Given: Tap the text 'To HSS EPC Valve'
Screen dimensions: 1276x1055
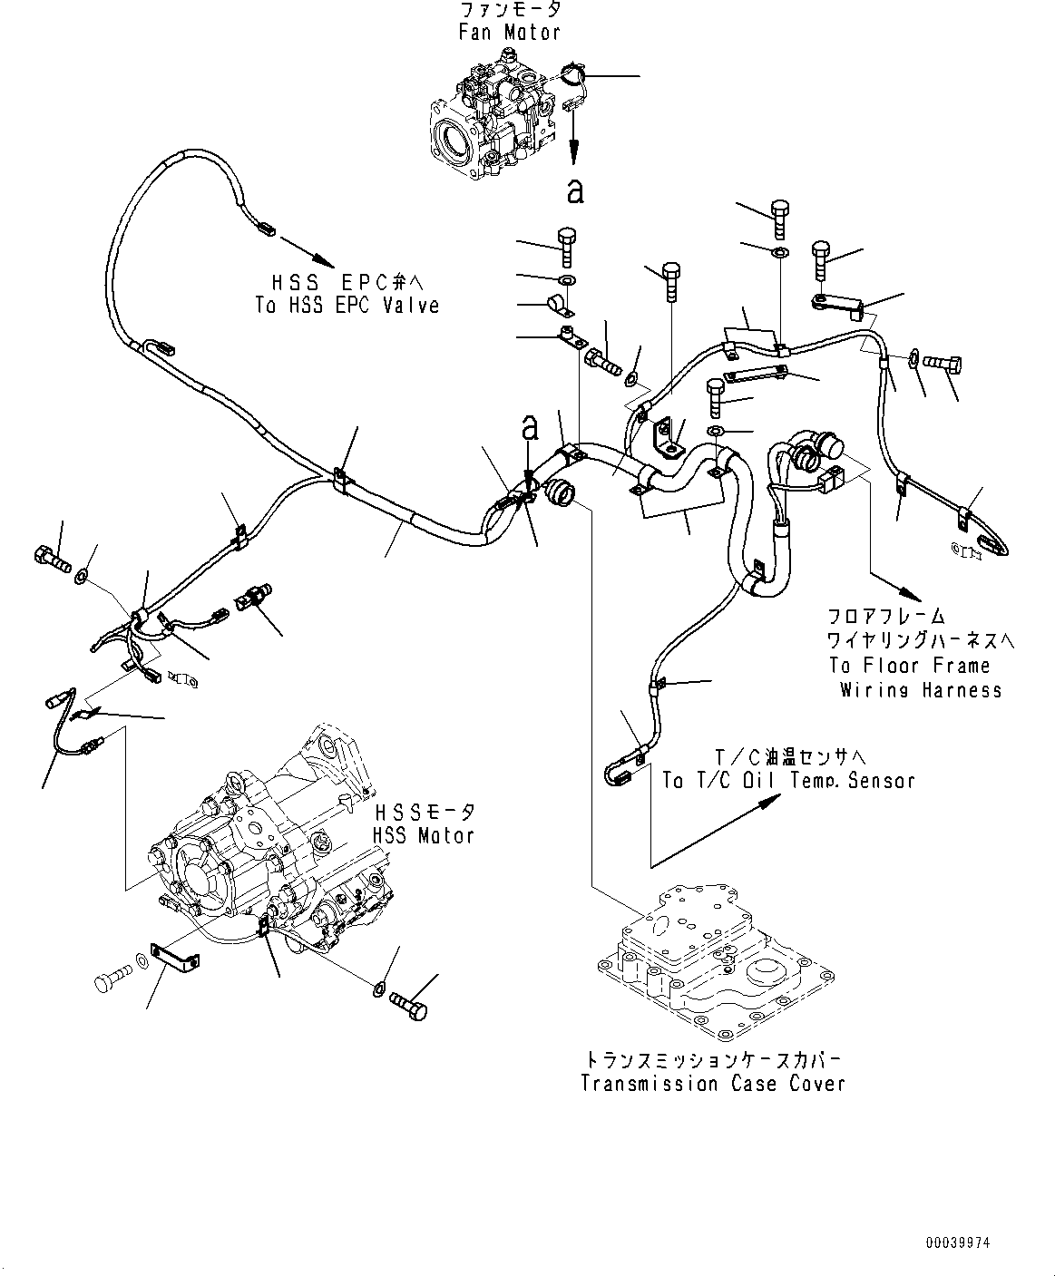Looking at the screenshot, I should coord(347,306).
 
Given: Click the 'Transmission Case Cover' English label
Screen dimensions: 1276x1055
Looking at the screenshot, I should coord(713,1083).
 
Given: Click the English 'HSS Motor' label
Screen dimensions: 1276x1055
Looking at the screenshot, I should coord(423,835).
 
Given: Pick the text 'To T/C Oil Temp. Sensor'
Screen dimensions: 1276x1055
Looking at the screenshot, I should coord(788,780).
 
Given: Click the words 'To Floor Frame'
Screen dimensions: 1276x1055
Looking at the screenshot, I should coord(909,665).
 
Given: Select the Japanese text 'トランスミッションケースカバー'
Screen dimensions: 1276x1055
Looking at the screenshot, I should coord(713,1059).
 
